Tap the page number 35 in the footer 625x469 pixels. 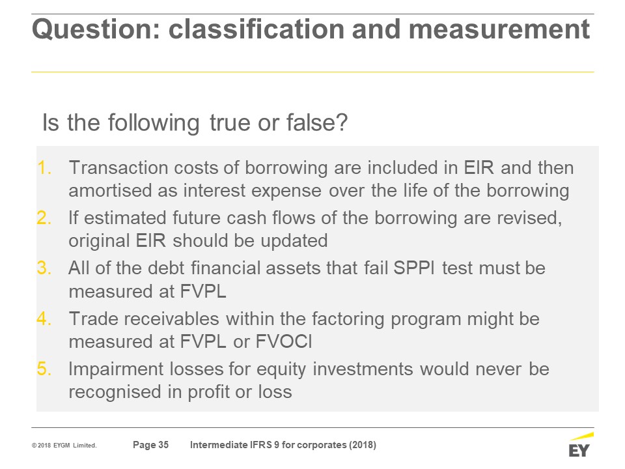(163, 445)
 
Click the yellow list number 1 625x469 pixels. (44, 168)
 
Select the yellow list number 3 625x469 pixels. (44, 268)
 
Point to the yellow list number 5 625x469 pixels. (44, 369)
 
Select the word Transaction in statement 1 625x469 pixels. (118, 167)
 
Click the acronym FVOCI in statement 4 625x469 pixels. (283, 342)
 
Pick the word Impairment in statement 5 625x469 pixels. (117, 369)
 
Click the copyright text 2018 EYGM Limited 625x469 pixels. (64, 446)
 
